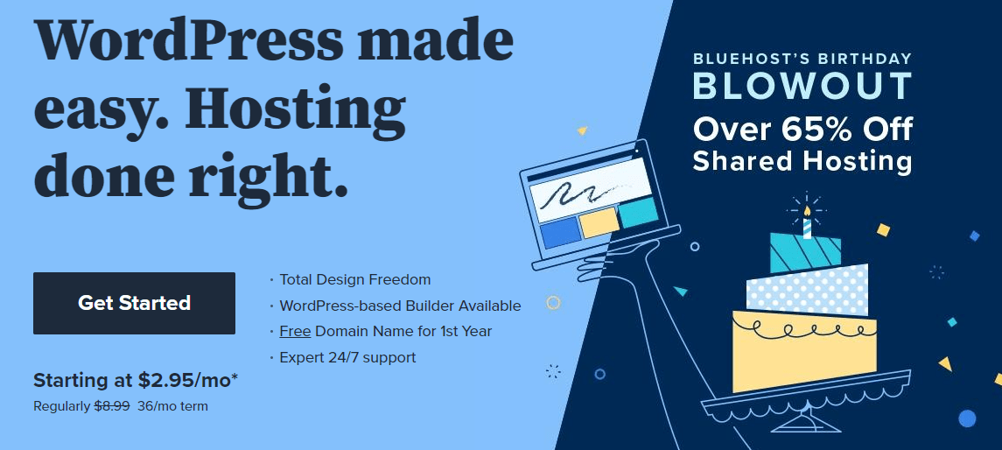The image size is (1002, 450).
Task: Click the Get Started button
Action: [x=134, y=303]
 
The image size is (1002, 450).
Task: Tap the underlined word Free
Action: [x=295, y=331]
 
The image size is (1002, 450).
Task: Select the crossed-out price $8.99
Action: [x=112, y=406]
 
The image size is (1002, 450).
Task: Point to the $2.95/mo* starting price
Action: [x=188, y=380]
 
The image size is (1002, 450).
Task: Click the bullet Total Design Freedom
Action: [x=355, y=279]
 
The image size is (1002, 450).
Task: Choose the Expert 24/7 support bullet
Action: [x=347, y=357]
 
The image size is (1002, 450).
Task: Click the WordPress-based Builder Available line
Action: [x=400, y=306]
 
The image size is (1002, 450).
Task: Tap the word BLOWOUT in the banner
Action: [x=802, y=87]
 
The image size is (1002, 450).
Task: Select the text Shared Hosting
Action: [x=802, y=160]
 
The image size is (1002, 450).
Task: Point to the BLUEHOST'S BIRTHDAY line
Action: [x=802, y=60]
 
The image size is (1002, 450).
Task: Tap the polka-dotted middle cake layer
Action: [x=808, y=290]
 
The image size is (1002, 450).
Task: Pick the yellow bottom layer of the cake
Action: [x=804, y=350]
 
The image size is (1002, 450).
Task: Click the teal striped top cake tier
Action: [x=805, y=252]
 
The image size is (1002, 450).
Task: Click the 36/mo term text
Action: [x=172, y=406]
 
